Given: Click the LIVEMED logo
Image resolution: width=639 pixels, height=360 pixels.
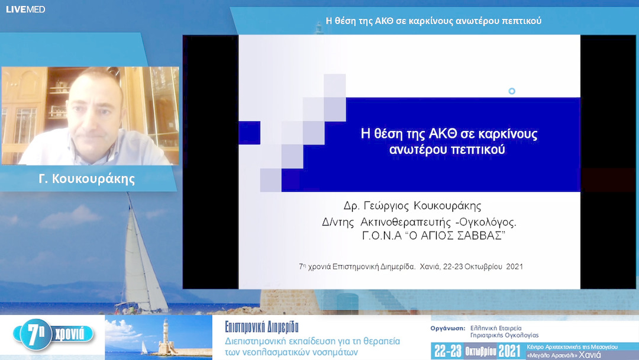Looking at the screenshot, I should (25, 9).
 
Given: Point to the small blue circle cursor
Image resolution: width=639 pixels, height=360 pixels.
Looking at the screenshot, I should (512, 91).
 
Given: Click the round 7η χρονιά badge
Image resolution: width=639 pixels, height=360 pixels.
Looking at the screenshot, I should (56, 334).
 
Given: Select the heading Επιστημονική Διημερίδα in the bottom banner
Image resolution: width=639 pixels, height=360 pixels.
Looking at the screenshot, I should (262, 326).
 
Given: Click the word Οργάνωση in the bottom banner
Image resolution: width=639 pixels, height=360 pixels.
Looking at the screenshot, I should (448, 327).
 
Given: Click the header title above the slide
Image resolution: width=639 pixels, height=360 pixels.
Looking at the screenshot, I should (434, 21).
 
